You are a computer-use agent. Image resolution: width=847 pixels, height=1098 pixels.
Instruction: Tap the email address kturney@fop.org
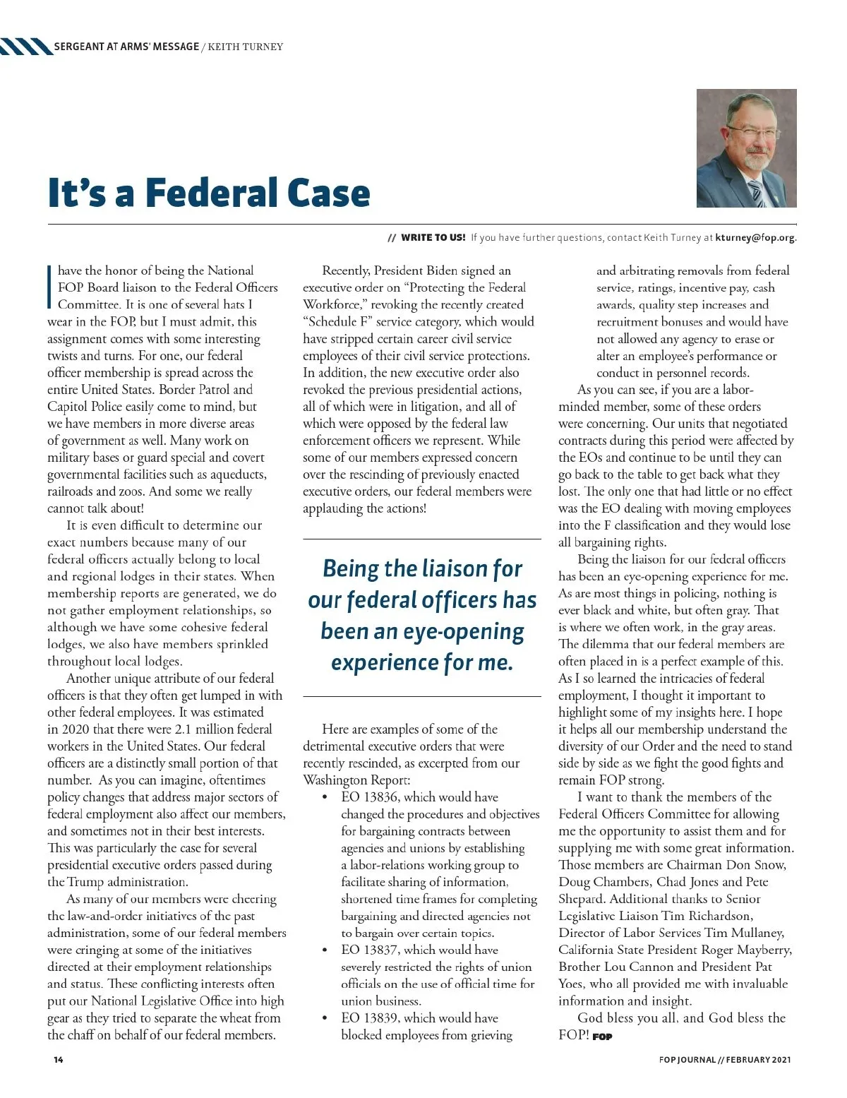pos(755,238)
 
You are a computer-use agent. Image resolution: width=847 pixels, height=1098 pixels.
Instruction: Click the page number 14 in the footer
pos(59,1060)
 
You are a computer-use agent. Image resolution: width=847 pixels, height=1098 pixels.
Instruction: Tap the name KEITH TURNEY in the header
pos(246,47)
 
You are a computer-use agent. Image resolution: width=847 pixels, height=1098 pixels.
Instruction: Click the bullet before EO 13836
pos(324,798)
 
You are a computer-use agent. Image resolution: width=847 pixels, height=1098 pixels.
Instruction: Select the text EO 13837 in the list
pos(370,950)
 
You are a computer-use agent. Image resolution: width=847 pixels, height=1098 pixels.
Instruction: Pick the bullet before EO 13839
pos(324,1019)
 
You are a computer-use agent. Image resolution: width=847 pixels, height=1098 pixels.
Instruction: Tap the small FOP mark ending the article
pos(602,1037)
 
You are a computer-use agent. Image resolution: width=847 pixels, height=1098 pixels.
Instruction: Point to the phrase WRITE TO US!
pos(433,238)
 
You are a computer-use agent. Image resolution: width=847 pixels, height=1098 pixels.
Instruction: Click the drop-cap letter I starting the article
pos(50,286)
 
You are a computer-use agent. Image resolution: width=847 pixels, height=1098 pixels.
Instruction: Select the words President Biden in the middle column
pos(416,270)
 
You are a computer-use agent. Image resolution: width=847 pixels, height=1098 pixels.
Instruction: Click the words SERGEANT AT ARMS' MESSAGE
pos(126,47)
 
